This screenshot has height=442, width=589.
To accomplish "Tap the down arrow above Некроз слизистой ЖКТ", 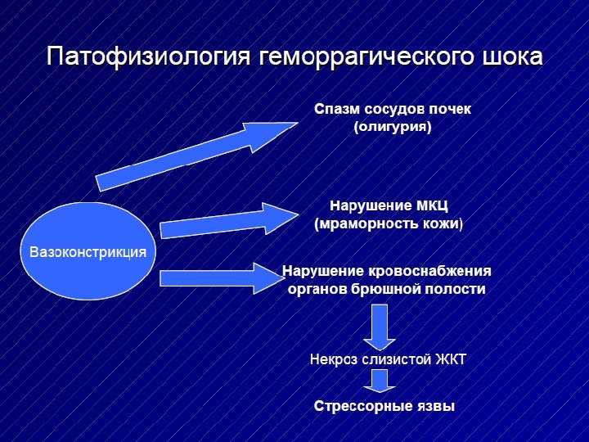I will (x=380, y=325).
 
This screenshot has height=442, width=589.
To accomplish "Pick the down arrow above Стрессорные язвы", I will (x=380, y=379).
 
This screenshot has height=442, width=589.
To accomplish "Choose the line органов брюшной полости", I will (x=386, y=290).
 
